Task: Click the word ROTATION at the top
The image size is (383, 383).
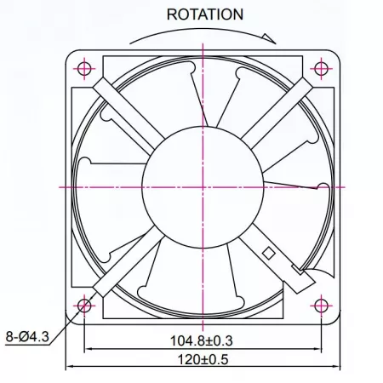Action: coord(205,14)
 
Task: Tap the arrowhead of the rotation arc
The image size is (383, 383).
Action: coord(270,38)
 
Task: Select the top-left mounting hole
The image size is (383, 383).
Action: coord(84,69)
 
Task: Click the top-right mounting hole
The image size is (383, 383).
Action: coord(321,69)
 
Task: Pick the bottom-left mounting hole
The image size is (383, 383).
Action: coord(84,306)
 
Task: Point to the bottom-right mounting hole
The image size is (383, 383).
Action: coord(321,306)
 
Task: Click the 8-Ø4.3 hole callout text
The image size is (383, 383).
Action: coord(27,337)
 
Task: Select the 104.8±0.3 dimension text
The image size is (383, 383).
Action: coord(202,340)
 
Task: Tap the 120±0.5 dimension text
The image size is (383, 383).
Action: coord(203,359)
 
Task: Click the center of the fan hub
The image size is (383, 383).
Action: coord(203,187)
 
